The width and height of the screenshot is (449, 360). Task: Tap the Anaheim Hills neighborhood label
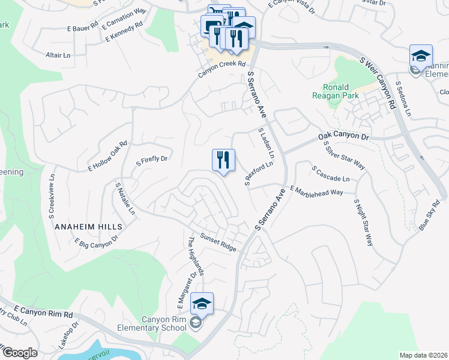pos(88,227)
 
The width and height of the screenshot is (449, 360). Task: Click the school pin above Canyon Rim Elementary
pos(202,304)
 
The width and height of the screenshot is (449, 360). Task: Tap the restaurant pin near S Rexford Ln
pos(223,161)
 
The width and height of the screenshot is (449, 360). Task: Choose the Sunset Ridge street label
pos(218,242)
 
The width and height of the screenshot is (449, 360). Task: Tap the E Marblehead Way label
pos(316,191)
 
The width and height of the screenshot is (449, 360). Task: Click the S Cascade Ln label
pos(331,175)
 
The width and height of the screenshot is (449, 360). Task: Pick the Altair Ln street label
pos(58,55)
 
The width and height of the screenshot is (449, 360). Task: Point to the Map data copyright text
pos(424,355)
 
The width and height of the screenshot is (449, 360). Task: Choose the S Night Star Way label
pos(363,223)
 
